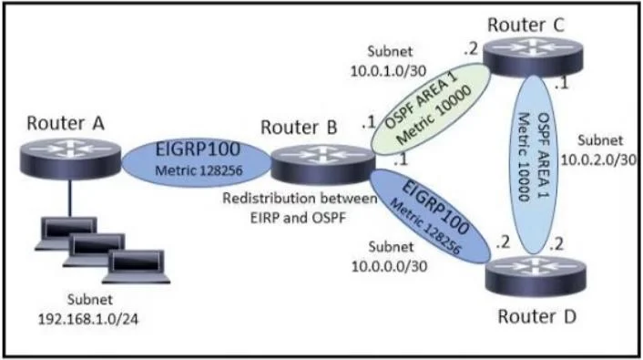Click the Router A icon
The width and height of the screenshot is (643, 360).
click(70, 159)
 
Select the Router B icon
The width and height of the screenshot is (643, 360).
click(322, 164)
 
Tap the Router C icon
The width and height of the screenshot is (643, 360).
click(533, 57)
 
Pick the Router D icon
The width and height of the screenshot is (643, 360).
click(536, 275)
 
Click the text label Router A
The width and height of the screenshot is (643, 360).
click(66, 123)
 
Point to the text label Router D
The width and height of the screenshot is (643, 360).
click(537, 316)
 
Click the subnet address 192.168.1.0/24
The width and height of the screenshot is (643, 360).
click(88, 319)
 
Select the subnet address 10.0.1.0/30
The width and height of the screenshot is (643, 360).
click(388, 70)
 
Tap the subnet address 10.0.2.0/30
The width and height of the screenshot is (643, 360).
click(598, 159)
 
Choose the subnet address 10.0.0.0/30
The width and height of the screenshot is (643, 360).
click(389, 266)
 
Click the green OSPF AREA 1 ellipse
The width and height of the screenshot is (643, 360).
click(431, 109)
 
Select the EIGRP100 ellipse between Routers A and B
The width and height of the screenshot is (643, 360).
click(197, 162)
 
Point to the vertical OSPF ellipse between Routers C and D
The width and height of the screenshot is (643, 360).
click(534, 164)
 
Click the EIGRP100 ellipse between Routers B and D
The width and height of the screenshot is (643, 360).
click(430, 216)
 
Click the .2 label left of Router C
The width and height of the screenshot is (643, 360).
click(471, 49)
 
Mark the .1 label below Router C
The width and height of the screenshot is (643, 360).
click(561, 83)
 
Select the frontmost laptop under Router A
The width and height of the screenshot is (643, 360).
click(137, 267)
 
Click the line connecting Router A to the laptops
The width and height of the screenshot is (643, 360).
click(70, 198)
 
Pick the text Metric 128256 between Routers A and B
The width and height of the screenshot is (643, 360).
click(199, 170)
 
